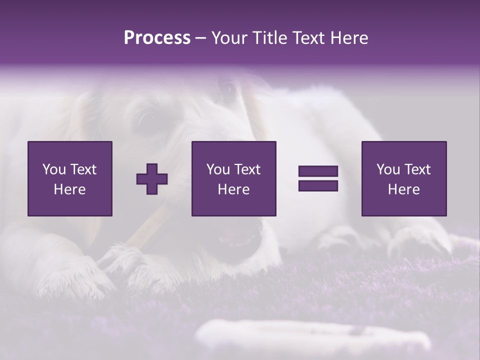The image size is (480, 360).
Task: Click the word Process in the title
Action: pos(157,38)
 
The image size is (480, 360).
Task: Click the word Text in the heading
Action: pos(306,38)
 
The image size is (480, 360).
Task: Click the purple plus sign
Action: pos(152,179)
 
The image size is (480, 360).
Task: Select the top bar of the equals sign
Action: pos(318,171)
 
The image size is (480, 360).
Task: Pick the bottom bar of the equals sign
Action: pos(318,186)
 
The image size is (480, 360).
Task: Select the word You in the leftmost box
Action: pos(53,169)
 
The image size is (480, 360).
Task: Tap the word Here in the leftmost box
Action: pos(69,189)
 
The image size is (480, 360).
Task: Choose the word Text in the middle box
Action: pos(247,169)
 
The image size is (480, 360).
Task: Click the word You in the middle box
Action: pos(218,169)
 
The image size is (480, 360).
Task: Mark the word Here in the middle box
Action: pos(233,189)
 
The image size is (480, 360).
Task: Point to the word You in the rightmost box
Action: pos(388,169)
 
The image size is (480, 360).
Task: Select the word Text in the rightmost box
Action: pos(417,169)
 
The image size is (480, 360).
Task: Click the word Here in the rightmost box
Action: pos(403,189)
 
